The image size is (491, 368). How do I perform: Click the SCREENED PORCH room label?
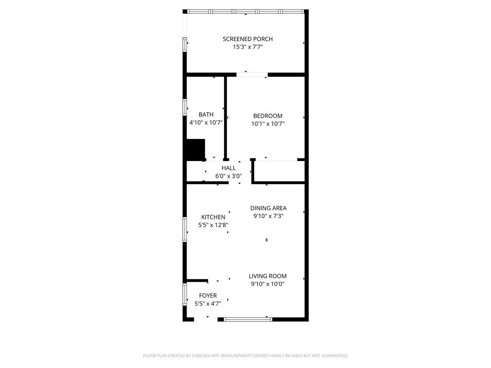coord(248,39)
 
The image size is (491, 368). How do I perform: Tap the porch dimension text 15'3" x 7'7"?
coord(248,47)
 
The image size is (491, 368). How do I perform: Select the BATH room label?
coord(206,115)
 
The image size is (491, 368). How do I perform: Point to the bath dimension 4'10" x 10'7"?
coord(206,123)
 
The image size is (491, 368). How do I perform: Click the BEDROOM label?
coord(268,116)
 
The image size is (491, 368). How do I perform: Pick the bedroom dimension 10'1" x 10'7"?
coord(268,124)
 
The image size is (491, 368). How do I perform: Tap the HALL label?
coord(229,168)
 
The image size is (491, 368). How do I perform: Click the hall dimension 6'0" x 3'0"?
coord(229,176)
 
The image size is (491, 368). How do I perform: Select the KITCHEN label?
coord(213,217)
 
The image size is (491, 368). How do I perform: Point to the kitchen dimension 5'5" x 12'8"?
coord(213,225)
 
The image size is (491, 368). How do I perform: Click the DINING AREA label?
coord(269,208)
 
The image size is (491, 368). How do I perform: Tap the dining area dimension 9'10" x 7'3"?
coord(269,216)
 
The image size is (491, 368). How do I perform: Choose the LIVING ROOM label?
coord(268,276)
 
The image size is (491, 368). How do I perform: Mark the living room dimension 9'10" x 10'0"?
coord(268,284)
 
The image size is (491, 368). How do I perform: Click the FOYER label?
coord(208,296)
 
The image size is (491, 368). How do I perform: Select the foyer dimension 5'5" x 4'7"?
coord(208,303)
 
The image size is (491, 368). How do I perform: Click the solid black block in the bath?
coord(195,149)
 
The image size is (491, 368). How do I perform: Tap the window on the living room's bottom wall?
coord(248,319)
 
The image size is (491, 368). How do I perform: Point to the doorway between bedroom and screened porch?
coord(252,75)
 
